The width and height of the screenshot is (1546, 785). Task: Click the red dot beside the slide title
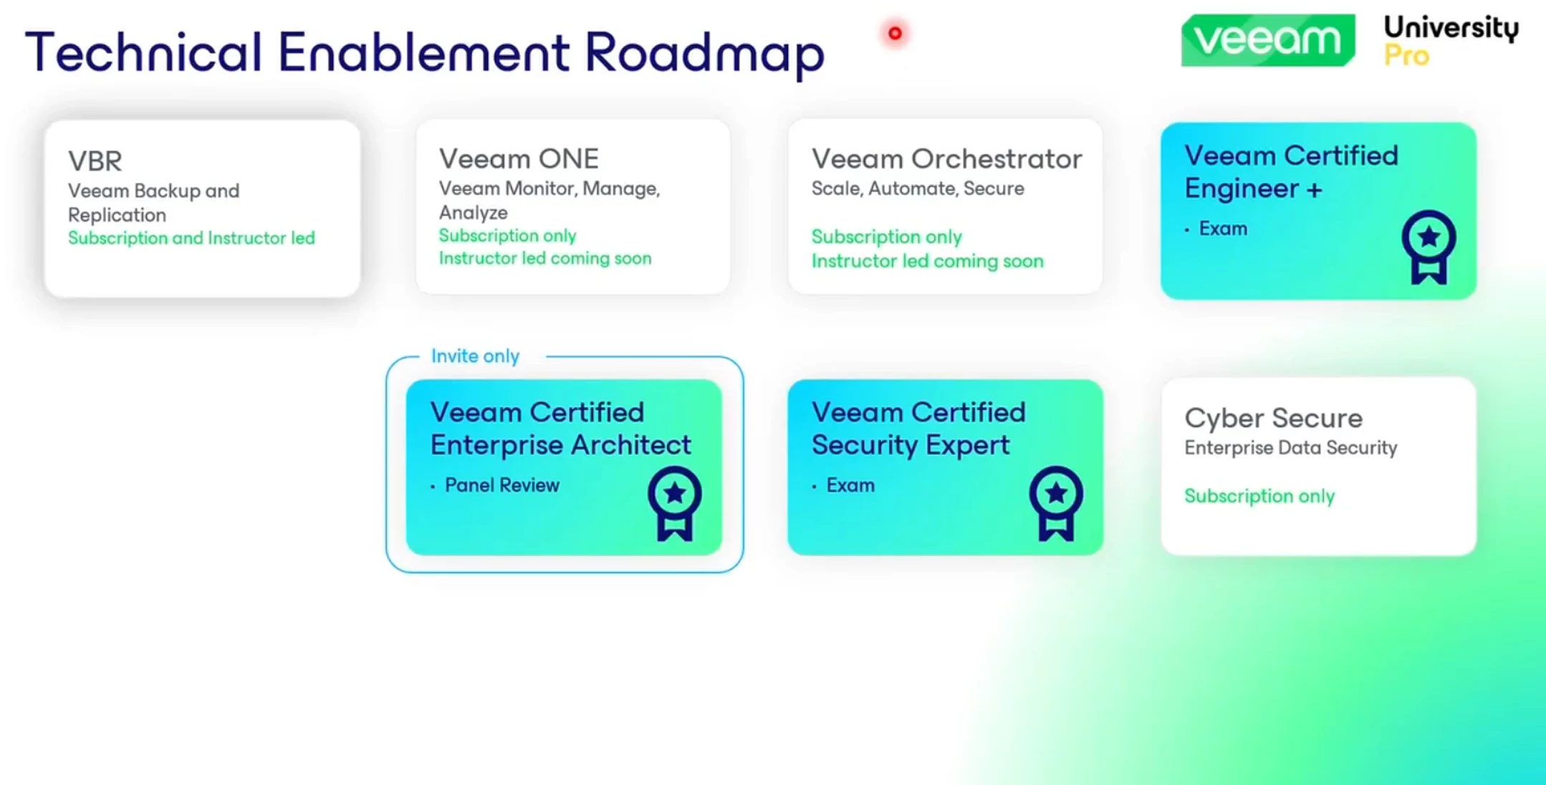895,33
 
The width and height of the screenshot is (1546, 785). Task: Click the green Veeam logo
1268,40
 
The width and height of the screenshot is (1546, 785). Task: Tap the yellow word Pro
1406,55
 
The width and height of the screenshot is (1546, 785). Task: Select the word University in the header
1451,28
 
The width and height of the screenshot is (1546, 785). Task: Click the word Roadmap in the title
705,52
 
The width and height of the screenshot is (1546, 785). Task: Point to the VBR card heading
95,161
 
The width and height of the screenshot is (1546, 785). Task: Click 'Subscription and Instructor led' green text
191,238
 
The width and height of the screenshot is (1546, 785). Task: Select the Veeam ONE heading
519,158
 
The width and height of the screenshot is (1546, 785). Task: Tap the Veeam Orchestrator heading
946,158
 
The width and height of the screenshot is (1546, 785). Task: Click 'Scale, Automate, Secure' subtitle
918,189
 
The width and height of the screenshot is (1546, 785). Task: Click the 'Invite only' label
475,356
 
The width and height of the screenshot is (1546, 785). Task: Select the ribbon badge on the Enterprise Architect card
675,503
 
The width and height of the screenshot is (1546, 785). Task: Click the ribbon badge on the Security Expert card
1056,503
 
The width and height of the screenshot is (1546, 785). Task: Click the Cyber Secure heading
1273,418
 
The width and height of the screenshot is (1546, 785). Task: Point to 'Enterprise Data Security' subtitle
1290,448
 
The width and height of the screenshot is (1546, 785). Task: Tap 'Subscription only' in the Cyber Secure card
1259,496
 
